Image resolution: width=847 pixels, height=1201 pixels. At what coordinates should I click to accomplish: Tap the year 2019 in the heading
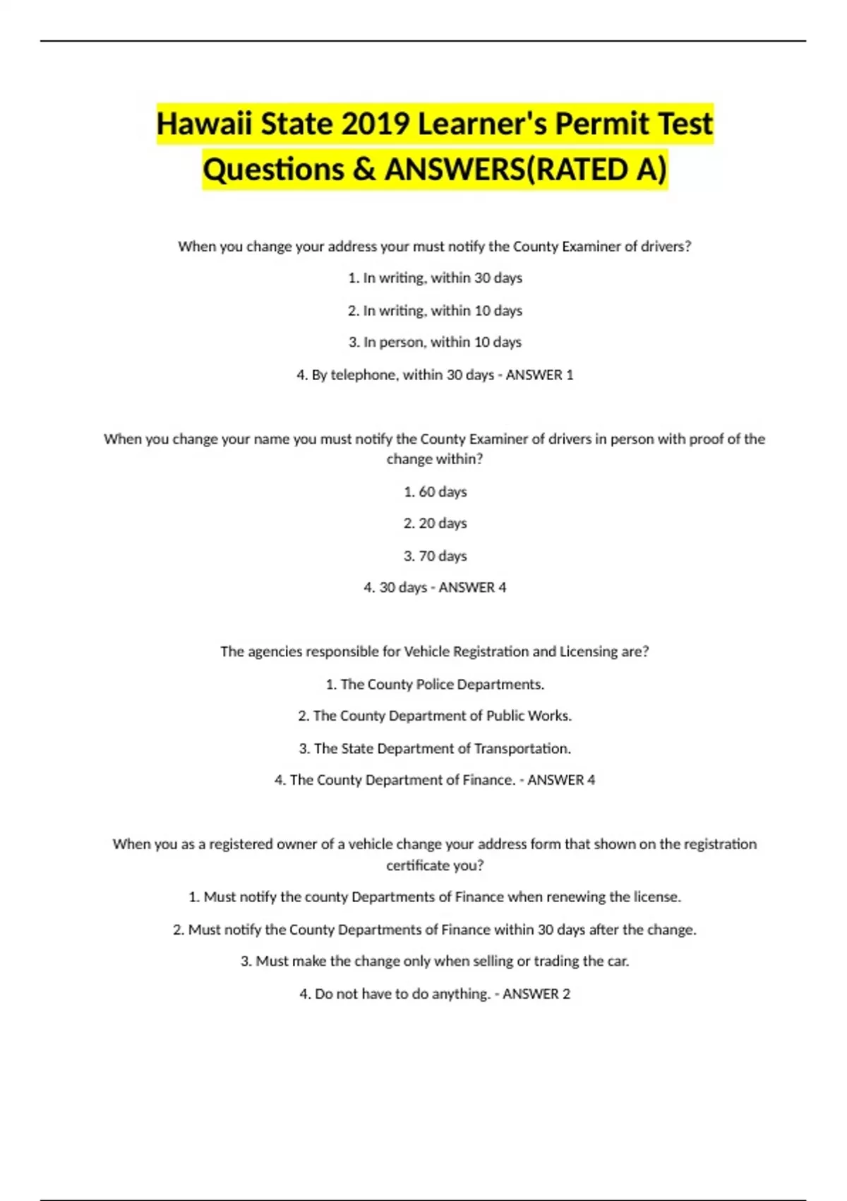point(376,124)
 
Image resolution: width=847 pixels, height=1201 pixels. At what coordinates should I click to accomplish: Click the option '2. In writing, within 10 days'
point(435,310)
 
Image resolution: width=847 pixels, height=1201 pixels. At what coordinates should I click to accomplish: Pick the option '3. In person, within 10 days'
point(435,342)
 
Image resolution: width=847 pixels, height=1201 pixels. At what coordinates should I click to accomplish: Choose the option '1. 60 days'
point(435,492)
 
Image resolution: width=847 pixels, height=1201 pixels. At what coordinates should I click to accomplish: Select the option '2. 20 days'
point(435,523)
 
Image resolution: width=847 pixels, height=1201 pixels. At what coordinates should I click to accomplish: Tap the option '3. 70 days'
point(435,556)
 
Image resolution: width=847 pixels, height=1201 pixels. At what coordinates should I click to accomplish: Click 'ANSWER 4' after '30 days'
point(472,588)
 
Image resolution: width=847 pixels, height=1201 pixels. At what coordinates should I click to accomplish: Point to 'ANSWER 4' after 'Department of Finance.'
point(561,780)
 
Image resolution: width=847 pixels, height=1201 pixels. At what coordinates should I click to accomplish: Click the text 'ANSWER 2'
point(536,994)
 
